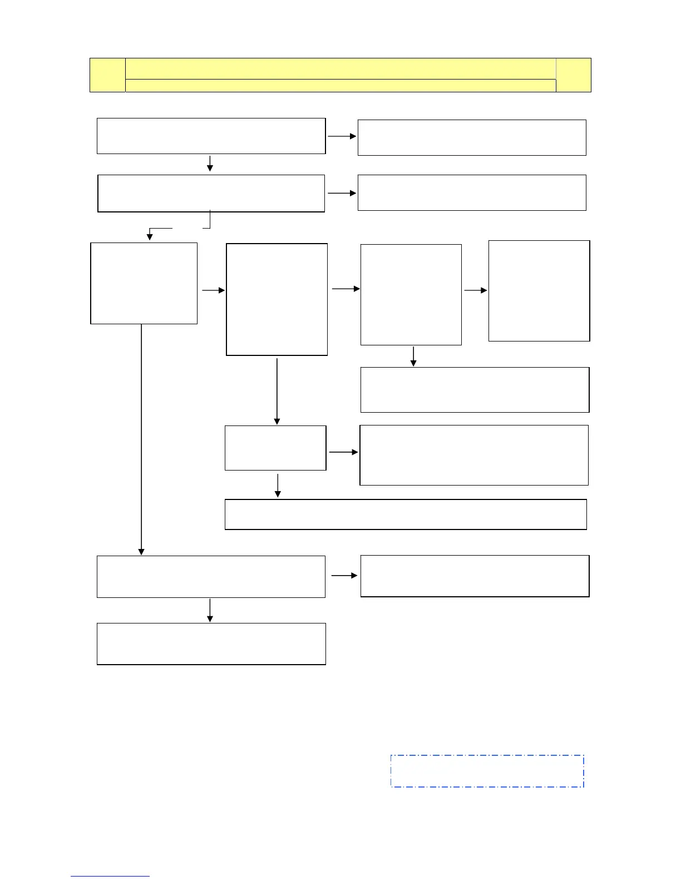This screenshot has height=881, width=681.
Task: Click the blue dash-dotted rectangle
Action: tap(487, 771)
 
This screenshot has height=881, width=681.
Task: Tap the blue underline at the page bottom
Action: tap(110, 877)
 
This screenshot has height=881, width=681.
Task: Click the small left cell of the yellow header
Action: tap(107, 75)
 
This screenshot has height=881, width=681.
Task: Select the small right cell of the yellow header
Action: tap(573, 75)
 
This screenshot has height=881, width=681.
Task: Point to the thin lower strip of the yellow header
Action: tap(340, 85)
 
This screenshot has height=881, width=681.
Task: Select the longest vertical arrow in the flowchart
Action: tap(141, 439)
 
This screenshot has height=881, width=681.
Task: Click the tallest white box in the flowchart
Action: tap(277, 299)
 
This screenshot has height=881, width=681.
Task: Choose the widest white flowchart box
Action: tap(406, 514)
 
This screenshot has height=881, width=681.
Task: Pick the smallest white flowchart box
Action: tap(275, 448)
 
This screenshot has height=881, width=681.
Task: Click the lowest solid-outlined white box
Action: tap(211, 644)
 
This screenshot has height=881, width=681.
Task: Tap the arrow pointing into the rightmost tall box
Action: tap(476, 290)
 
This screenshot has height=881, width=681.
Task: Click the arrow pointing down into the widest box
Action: tap(278, 485)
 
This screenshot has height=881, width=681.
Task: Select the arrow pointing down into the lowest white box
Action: tap(210, 610)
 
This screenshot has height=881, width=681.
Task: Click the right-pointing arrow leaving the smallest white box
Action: tap(344, 452)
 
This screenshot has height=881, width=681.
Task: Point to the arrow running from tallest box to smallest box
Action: tap(277, 392)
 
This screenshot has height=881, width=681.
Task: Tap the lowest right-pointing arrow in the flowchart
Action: tap(345, 576)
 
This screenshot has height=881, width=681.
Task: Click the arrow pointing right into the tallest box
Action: tap(213, 290)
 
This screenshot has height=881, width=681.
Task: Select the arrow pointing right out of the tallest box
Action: tap(346, 289)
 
